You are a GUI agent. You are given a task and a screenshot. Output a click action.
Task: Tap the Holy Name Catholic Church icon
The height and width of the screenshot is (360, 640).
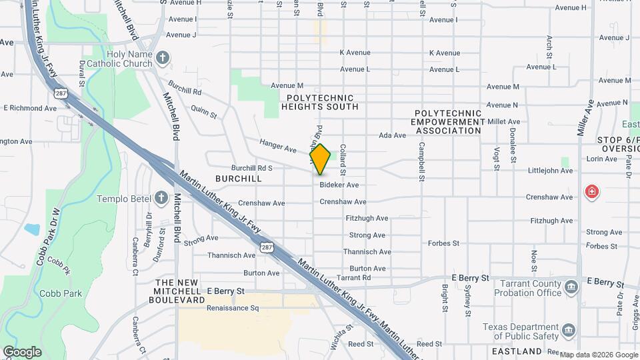coord(163,59)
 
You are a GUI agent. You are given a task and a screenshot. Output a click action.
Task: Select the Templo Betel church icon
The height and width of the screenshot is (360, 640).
coord(161,198)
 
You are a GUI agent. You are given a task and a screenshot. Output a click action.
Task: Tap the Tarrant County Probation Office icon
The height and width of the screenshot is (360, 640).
coord(571,287)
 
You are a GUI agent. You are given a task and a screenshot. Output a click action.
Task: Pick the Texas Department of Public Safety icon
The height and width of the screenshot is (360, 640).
coord(569,330)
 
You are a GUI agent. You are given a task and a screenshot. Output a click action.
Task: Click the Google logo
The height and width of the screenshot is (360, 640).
coord(22,352)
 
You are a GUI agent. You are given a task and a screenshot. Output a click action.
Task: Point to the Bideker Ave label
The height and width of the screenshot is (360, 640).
coord(339,185)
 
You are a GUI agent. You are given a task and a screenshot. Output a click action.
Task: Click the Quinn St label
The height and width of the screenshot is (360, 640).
coord(204,111)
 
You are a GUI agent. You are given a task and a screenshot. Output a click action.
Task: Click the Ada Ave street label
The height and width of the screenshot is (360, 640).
coord(392,135)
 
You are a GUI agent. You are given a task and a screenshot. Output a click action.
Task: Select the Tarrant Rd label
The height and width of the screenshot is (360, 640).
coord(353,277)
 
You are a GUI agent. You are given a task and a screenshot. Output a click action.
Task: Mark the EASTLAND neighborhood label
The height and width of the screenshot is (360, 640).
coord(517,351)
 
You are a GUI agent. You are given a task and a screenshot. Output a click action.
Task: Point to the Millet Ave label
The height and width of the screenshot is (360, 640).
coord(503,121)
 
